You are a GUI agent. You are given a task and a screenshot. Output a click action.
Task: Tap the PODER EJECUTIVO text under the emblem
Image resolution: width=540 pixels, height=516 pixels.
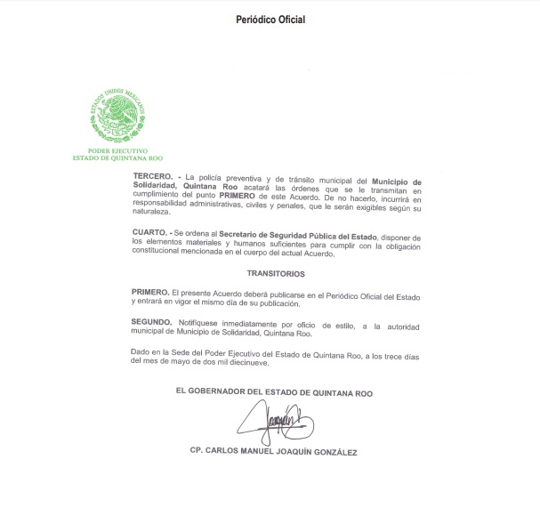point(117,151)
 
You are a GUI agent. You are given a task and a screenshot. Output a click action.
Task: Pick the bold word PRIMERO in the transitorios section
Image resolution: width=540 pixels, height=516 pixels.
point(149,293)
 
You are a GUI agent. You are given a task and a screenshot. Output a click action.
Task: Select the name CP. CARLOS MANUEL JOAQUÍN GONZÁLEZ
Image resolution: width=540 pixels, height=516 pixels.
point(274,452)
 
